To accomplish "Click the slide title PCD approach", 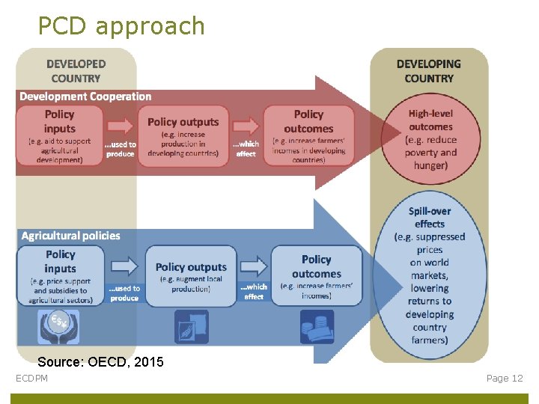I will [x=121, y=26].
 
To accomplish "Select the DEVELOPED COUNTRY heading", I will [x=76, y=71].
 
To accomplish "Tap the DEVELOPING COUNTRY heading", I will [x=429, y=71].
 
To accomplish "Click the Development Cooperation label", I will [x=85, y=97].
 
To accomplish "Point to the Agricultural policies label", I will [x=70, y=236].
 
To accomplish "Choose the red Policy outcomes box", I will [x=308, y=135].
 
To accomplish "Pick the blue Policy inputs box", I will [x=60, y=275].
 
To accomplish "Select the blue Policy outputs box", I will [x=191, y=275].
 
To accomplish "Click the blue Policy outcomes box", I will [x=316, y=275].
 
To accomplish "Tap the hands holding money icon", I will [x=58, y=326].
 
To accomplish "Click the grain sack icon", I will [x=191, y=326].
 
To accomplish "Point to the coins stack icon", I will [x=316, y=326].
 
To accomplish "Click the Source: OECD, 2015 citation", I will [x=100, y=362].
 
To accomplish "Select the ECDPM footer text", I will [x=32, y=379].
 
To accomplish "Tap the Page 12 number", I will [x=505, y=379].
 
